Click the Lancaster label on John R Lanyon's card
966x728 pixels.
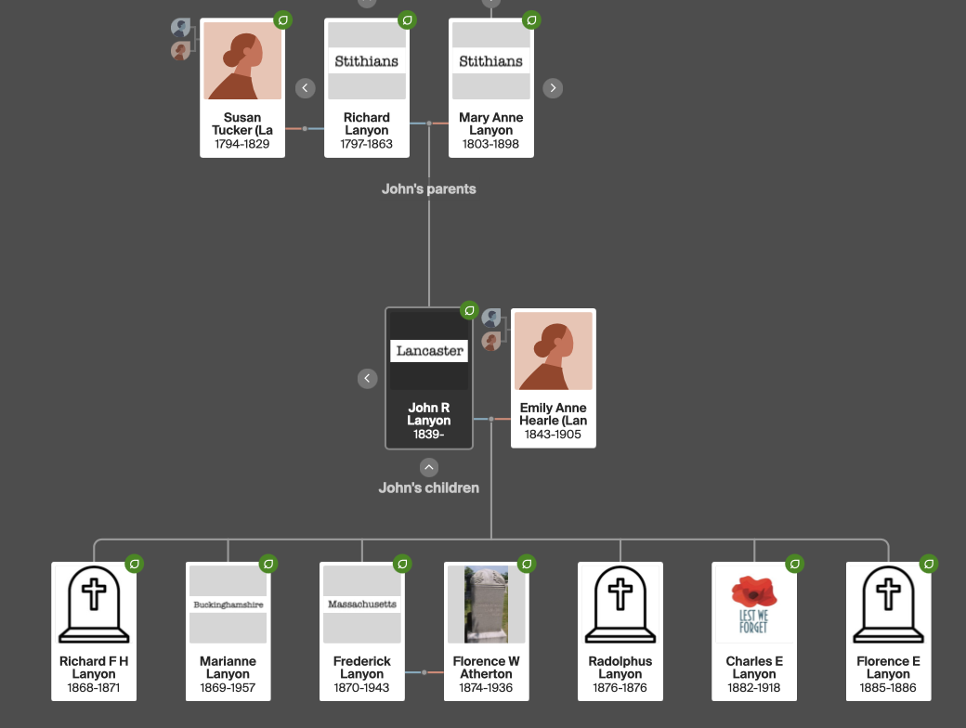click(x=429, y=350)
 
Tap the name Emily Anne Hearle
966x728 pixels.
click(x=553, y=414)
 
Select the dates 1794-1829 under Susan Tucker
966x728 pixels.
click(x=241, y=144)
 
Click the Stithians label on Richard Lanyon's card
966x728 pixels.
click(x=367, y=61)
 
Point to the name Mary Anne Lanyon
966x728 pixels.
click(x=490, y=123)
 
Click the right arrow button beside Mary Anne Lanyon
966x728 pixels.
click(x=553, y=88)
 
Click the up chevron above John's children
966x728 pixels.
click(x=428, y=467)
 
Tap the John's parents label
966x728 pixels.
click(x=428, y=188)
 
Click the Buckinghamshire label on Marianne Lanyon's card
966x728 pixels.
click(x=228, y=604)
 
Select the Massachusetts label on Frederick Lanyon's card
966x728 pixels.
click(x=362, y=604)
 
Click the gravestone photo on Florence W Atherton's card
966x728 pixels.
click(x=486, y=604)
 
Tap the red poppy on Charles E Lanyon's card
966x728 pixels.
click(x=753, y=591)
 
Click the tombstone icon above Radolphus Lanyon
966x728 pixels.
click(x=620, y=604)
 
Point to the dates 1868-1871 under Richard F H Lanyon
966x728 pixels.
click(x=94, y=688)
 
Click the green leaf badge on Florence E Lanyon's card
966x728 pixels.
click(x=928, y=564)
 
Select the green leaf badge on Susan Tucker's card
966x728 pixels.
click(x=283, y=19)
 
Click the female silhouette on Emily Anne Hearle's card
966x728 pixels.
click(x=553, y=351)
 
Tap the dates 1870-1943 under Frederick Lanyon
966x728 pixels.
click(x=362, y=688)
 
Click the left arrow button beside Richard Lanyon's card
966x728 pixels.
click(x=305, y=88)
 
